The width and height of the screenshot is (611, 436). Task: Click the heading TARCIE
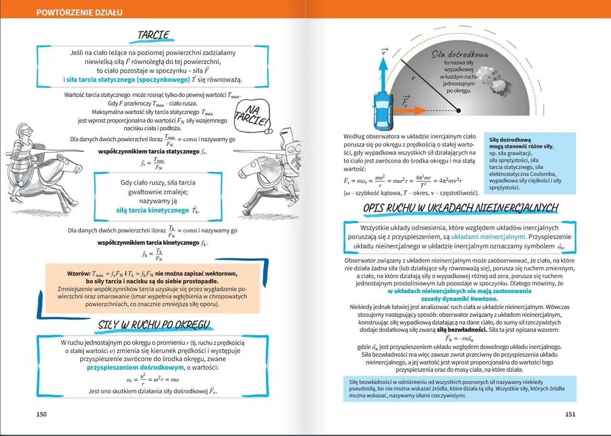click(x=153, y=35)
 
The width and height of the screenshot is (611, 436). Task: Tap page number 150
click(x=42, y=414)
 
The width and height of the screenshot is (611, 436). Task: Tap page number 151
click(x=570, y=414)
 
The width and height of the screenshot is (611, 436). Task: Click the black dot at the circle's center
click(x=458, y=111)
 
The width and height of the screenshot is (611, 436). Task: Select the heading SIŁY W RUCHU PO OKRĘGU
click(x=154, y=325)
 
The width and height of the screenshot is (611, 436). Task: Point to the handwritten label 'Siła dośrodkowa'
click(x=459, y=55)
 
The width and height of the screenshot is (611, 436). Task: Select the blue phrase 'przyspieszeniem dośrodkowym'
click(x=135, y=367)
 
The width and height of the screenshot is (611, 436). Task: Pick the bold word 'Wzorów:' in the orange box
click(x=79, y=274)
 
